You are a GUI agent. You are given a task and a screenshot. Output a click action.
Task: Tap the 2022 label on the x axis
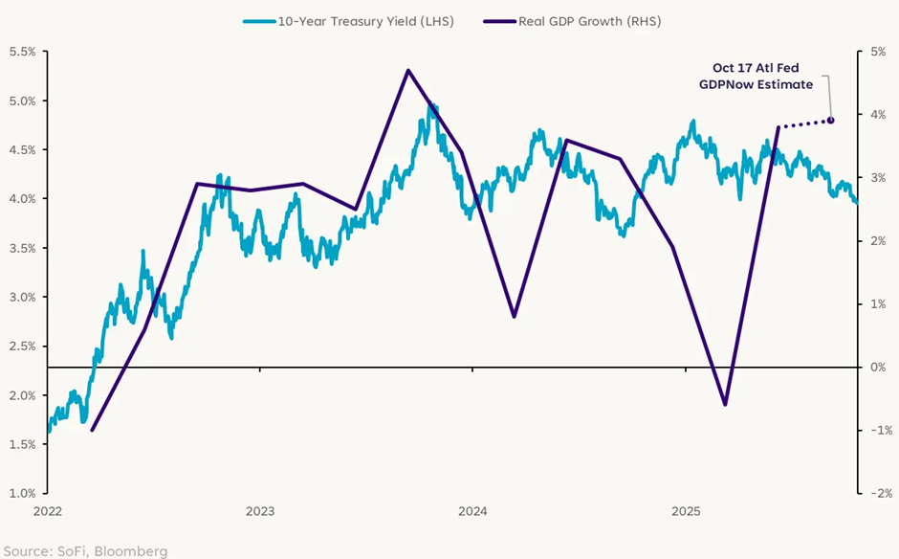coord(48,512)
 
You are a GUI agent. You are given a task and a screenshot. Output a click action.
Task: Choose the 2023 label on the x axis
coord(261,512)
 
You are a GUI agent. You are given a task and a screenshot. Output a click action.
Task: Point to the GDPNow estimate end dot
coord(830,120)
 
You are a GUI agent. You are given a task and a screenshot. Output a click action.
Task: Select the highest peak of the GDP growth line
coord(408,70)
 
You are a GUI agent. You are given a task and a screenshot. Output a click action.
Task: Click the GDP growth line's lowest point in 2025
coord(725,404)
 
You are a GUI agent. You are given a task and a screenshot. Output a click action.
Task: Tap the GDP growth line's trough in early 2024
coord(515,316)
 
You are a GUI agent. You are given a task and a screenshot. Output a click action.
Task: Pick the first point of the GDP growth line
coord(93,430)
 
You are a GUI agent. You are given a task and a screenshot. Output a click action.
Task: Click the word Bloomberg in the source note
coord(134,550)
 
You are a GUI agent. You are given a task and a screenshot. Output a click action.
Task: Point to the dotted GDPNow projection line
coord(805,123)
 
